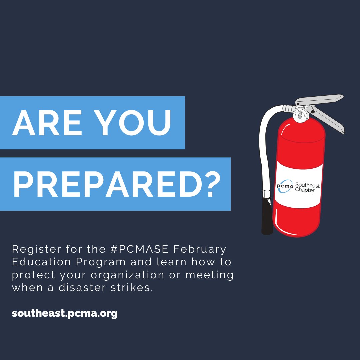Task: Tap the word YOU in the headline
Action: (135, 122)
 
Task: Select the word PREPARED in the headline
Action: (100, 184)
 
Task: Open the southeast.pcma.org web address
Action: (65, 314)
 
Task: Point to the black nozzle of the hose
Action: (266, 215)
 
